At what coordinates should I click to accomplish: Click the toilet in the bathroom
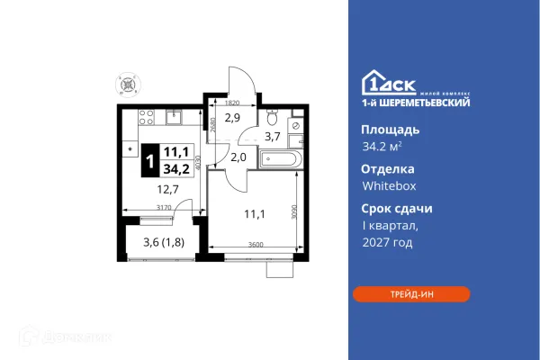pyautogui.click(x=273, y=118)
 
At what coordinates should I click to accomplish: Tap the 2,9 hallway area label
pyautogui.click(x=232, y=118)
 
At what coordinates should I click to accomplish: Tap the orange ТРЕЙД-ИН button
pyautogui.click(x=411, y=293)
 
